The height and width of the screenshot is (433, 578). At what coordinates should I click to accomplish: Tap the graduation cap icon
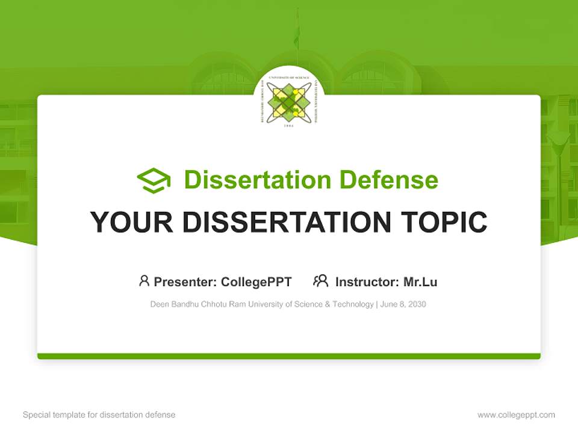coord(154,180)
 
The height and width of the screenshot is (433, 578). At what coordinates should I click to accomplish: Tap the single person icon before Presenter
coord(144,281)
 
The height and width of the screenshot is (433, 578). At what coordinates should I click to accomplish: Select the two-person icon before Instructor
coord(320,281)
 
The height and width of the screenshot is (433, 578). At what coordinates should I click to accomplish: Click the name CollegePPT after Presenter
coord(256,282)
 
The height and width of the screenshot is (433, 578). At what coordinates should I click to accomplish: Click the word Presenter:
coord(185,282)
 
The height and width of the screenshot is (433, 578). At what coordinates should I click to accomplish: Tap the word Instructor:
coord(367,282)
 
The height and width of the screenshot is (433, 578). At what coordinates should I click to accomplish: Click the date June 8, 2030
coord(403,304)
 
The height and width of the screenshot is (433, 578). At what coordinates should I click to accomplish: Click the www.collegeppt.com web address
coord(516,415)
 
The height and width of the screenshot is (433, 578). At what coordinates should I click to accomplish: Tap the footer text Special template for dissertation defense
coord(99,415)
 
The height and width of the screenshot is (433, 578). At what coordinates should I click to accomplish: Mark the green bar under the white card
coord(289,356)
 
